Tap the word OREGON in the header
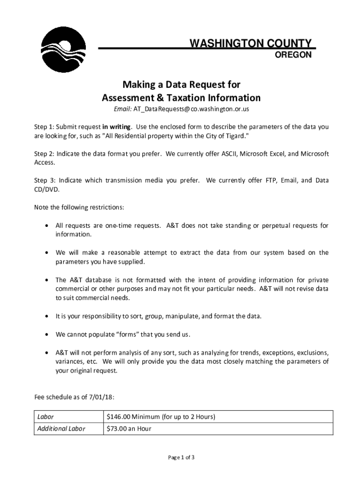293,55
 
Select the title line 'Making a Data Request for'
181,85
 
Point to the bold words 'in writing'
117,127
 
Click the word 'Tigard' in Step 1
232,136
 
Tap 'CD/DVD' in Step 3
47,190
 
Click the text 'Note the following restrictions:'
79,208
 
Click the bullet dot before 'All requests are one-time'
46,226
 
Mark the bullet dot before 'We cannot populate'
46,334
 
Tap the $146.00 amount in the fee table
119,417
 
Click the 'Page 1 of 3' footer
181,458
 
